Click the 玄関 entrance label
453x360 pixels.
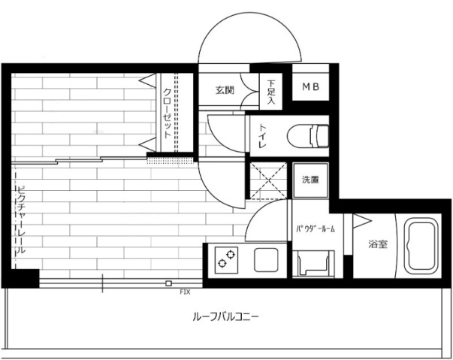coord(225,90)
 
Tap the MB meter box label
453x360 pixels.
coord(310,86)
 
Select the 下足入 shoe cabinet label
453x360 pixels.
coord(270,92)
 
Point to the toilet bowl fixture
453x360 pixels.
coord(308,136)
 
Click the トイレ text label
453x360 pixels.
coord(262,136)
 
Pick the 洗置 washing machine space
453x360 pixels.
coord(310,180)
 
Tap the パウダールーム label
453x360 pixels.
coord(316,229)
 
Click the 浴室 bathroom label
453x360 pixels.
coord(377,244)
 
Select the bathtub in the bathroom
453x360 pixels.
coord(421,246)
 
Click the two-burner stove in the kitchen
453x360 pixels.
coord(226,259)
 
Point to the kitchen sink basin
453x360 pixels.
coord(266,259)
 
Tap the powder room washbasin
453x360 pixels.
coord(313,264)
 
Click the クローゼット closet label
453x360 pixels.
coord(168,113)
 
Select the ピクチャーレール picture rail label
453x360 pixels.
coord(21,220)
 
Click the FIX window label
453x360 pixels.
coord(186,292)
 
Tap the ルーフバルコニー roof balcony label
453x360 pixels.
coord(225,317)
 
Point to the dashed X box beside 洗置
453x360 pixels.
coord(269,180)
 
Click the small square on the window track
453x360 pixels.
coord(169,283)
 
